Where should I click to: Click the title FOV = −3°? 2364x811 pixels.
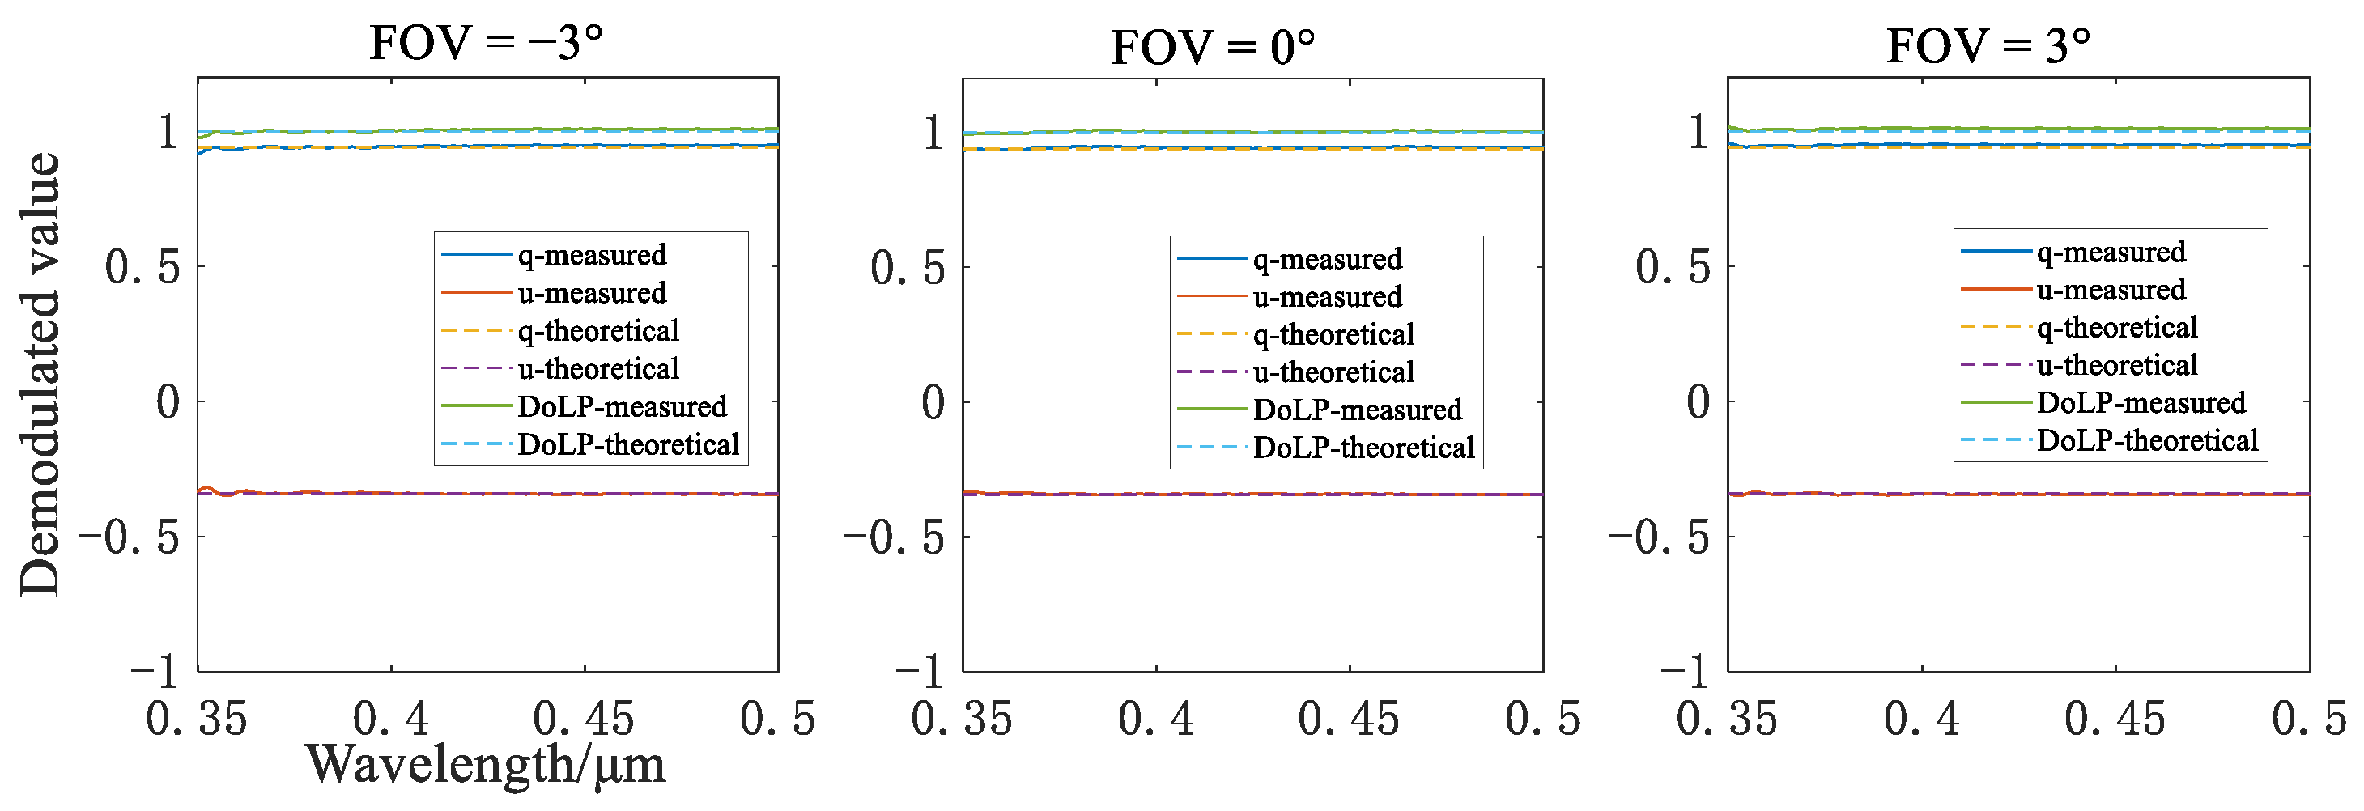486,43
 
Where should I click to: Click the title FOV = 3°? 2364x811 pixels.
1988,45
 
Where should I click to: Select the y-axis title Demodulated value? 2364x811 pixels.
40,374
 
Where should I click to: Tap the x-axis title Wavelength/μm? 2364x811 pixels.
486,764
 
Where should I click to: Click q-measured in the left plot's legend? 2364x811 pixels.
592,254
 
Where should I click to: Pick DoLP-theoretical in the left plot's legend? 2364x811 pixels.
627,444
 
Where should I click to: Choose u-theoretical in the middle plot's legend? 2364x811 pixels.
1333,372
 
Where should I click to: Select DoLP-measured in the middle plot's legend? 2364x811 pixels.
1358,410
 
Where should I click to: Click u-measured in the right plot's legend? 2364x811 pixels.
2111,290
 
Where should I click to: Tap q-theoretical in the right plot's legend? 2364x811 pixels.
2117,328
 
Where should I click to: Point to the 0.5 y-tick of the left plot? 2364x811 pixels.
142,267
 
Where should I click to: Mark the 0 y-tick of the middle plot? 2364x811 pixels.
933,401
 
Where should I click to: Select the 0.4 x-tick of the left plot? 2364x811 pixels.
391,720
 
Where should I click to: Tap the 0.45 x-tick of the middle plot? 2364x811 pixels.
1348,720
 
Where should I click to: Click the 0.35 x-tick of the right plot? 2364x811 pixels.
1726,720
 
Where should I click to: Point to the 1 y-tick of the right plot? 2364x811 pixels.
1698,132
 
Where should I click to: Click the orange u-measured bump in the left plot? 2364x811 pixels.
208,489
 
